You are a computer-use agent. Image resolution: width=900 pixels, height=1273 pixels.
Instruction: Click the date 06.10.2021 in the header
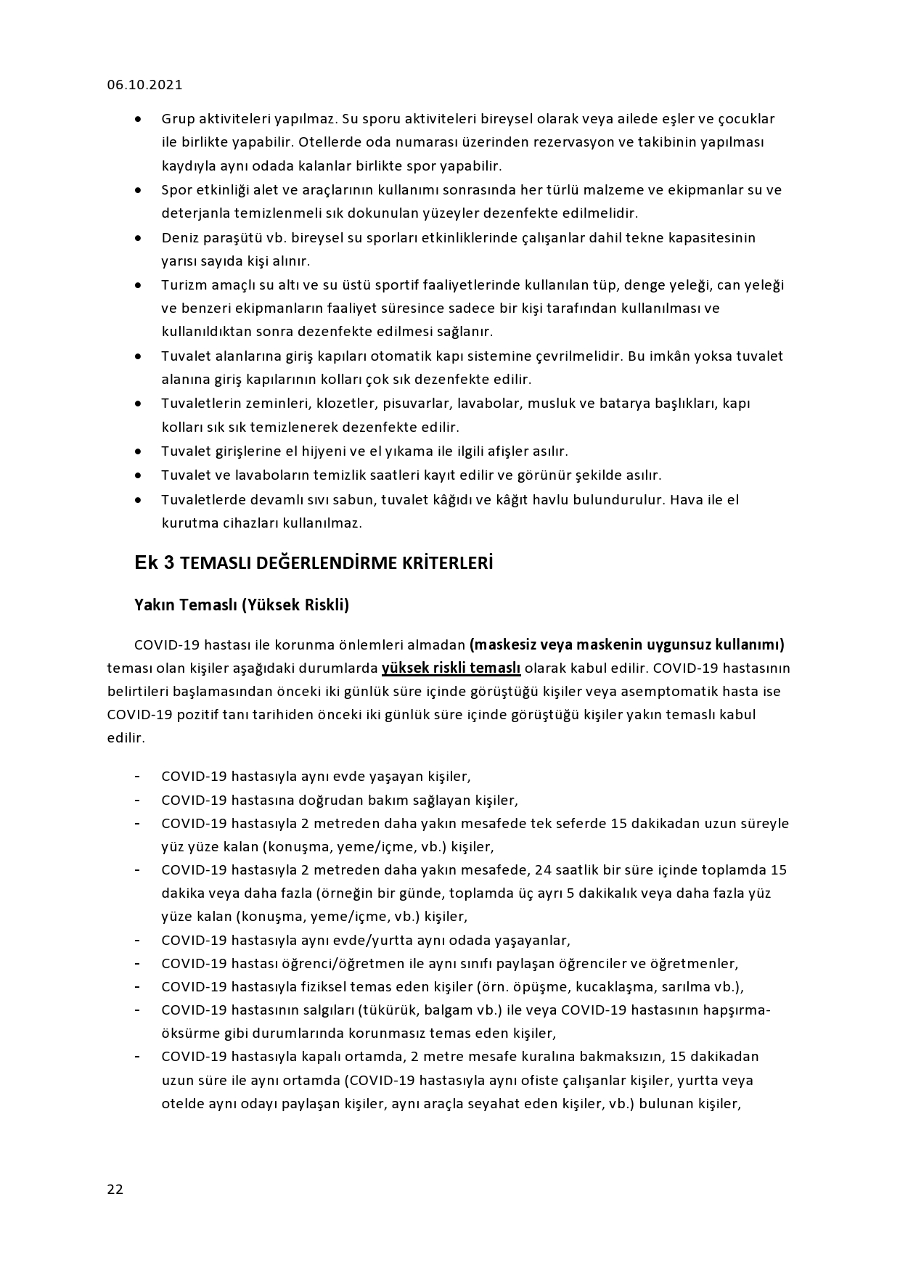tap(144, 85)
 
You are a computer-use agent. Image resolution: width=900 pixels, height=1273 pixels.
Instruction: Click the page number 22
tap(115, 1189)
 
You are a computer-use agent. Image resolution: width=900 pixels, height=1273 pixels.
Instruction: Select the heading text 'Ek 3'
tap(154, 563)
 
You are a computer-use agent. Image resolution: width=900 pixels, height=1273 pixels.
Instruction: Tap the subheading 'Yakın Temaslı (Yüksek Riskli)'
tap(242, 605)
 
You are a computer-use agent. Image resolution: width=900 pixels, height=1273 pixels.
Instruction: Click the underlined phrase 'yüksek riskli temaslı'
tap(451, 668)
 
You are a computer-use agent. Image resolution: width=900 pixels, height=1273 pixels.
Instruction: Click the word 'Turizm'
tap(183, 285)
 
